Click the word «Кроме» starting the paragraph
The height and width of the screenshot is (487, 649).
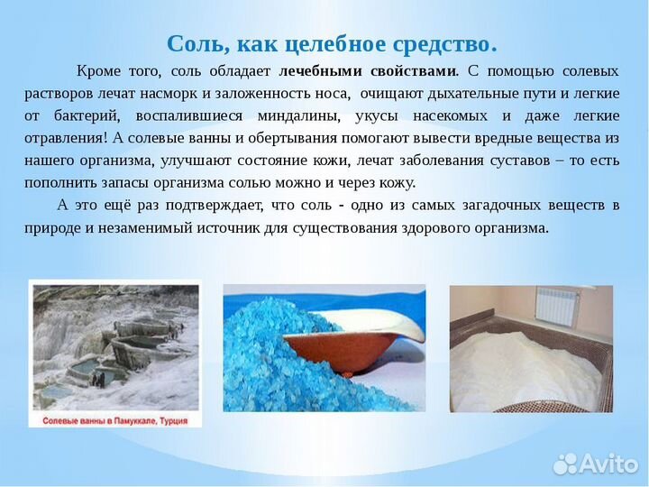pyautogui.click(x=96, y=70)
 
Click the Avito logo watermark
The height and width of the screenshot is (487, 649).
pyautogui.click(x=596, y=464)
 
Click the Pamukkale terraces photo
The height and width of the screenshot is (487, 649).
pyautogui.click(x=114, y=346)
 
